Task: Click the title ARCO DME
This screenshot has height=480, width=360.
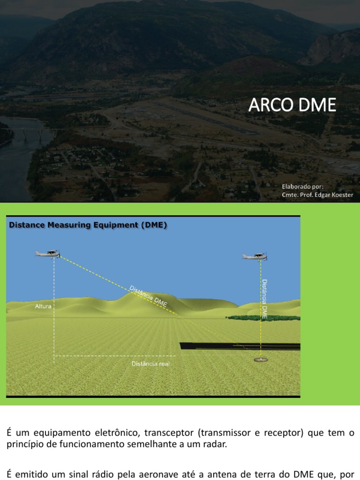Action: (292, 105)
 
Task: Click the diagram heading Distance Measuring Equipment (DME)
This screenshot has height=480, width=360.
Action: (88, 225)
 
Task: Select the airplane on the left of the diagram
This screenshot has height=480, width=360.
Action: (47, 254)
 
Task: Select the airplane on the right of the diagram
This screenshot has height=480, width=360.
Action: (255, 256)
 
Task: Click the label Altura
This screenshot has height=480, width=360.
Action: (43, 306)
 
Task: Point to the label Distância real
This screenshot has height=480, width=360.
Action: (150, 364)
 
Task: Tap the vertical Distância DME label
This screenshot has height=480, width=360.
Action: (264, 299)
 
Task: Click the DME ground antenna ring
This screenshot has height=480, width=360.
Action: (261, 360)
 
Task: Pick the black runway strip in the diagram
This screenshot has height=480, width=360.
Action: (240, 346)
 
